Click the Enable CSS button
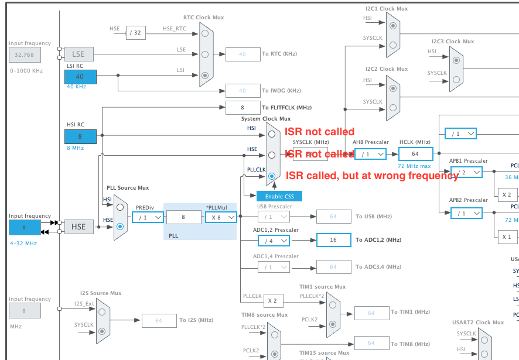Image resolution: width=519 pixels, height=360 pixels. tap(279, 196)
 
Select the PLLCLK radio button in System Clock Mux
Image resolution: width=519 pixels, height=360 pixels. tap(271, 176)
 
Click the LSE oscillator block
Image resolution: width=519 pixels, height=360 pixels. tap(78, 54)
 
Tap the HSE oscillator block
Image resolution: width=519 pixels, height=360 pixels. tap(78, 227)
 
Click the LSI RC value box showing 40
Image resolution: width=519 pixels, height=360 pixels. tap(80, 77)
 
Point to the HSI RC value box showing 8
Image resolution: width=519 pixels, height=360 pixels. tap(80, 136)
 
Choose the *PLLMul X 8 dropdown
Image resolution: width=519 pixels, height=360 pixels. tap(221, 217)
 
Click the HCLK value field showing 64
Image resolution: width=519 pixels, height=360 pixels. tap(415, 154)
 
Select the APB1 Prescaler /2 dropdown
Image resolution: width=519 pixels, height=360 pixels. tap(466, 172)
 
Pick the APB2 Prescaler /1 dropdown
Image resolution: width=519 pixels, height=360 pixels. tap(466, 213)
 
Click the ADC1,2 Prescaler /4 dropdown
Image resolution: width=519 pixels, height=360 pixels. tap(273, 240)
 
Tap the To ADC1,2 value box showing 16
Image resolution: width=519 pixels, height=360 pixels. tap(333, 240)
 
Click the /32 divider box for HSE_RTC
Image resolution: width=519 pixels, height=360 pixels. tap(136, 32)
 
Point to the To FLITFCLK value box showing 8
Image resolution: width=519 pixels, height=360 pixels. tap(243, 108)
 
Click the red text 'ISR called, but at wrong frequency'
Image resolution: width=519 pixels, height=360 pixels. tap(371, 176)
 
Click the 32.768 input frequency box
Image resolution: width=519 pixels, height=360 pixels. tap(25, 55)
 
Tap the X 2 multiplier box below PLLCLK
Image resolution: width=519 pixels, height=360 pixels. tap(272, 300)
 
